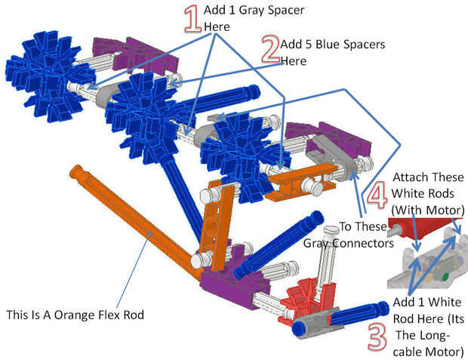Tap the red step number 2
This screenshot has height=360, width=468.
coord(270,51)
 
